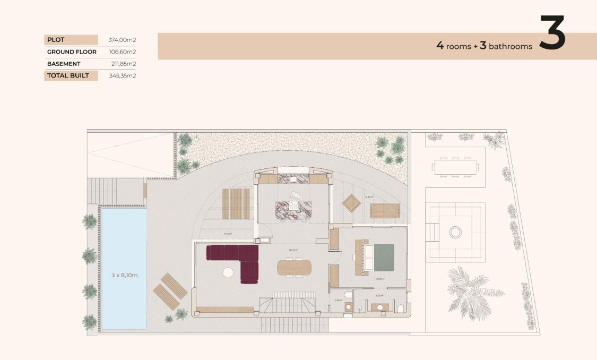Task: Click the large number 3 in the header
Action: click(552, 33)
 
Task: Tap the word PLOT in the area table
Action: click(55, 40)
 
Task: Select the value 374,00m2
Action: click(123, 40)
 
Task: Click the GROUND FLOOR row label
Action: click(72, 52)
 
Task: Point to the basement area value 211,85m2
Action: click(124, 64)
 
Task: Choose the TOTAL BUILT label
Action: click(68, 75)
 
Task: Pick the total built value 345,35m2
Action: click(123, 75)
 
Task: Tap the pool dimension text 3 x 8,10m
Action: click(125, 275)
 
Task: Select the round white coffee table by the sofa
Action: click(228, 272)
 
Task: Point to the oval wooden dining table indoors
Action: click(294, 267)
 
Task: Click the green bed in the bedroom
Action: click(381, 258)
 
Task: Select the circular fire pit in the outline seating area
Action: click(455, 232)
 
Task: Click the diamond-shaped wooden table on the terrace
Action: click(351, 202)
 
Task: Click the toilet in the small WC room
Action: click(348, 296)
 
